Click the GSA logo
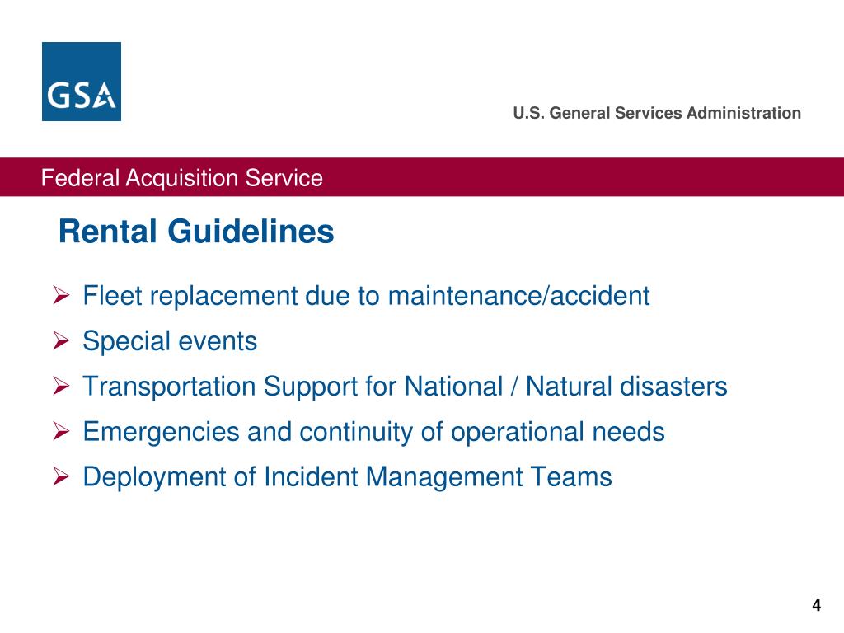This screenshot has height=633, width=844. pyautogui.click(x=81, y=82)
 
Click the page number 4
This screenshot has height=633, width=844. pyautogui.click(x=816, y=606)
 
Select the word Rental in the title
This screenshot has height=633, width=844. pyautogui.click(x=109, y=232)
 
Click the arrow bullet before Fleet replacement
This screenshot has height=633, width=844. pyautogui.click(x=61, y=295)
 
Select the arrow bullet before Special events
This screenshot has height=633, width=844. pyautogui.click(x=61, y=340)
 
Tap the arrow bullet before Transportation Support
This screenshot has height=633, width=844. pyautogui.click(x=61, y=386)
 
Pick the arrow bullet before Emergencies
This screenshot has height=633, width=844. pyautogui.click(x=61, y=431)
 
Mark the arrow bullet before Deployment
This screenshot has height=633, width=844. pyautogui.click(x=61, y=476)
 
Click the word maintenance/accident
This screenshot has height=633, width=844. pyautogui.click(x=518, y=295)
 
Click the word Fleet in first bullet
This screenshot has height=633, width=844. pyautogui.click(x=110, y=295)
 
